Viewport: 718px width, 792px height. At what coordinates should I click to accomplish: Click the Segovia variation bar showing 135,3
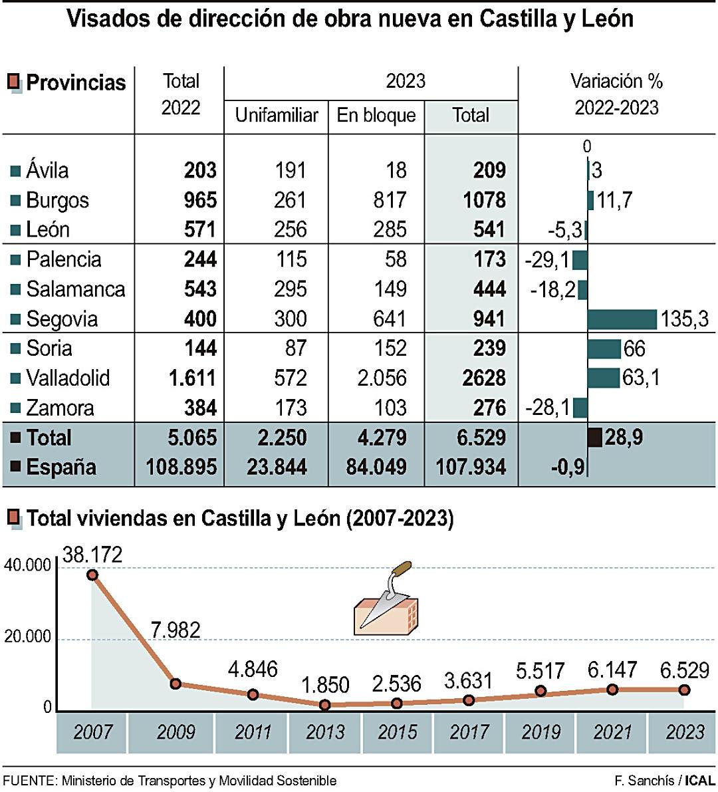coord(622,319)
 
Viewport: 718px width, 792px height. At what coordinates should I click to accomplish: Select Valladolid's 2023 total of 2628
coord(484,378)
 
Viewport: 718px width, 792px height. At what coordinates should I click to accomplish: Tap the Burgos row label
coord(57,200)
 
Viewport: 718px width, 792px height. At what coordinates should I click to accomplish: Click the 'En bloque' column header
coord(376,115)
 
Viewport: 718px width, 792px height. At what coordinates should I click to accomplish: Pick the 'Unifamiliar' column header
coord(277,115)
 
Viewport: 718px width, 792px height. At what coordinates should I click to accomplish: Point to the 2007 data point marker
coord(92,575)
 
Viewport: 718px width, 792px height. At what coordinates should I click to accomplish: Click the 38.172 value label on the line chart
coord(93,555)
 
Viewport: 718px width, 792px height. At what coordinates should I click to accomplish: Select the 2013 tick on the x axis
coord(325,732)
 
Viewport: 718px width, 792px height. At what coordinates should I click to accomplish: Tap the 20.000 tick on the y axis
coord(27,637)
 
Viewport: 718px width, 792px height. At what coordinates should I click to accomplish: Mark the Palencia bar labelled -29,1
coord(580,260)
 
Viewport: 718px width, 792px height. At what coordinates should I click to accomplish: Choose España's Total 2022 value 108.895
coord(181,467)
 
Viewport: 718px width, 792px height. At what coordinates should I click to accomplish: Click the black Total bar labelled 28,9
coord(595,438)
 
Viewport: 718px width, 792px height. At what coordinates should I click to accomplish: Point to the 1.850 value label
coord(325,684)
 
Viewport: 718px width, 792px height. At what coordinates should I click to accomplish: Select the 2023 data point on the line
coord(684,690)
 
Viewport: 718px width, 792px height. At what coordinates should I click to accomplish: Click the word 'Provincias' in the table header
coord(76,82)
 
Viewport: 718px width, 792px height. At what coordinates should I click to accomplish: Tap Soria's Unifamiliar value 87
coord(295,348)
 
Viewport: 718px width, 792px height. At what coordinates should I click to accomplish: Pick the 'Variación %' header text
coord(616,81)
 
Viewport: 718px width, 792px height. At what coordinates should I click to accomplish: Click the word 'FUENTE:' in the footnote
coord(30,781)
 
